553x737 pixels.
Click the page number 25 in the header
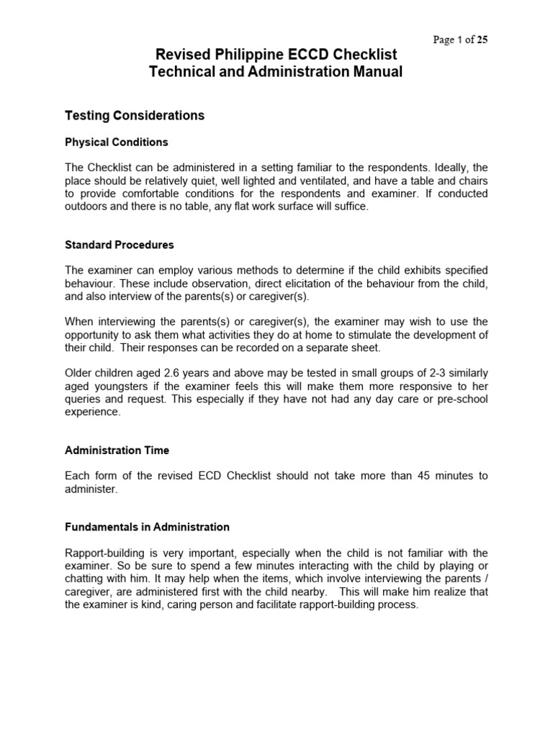click(x=482, y=40)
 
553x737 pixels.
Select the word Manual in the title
click(x=372, y=72)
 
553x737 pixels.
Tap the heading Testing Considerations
click(x=135, y=115)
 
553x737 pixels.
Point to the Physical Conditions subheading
click(x=117, y=142)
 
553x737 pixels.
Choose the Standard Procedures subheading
click(x=120, y=245)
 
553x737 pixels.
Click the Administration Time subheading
click(x=117, y=450)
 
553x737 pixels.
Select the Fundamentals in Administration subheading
click(x=147, y=527)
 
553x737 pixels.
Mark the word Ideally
click(x=447, y=168)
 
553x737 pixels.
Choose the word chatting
click(x=86, y=579)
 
